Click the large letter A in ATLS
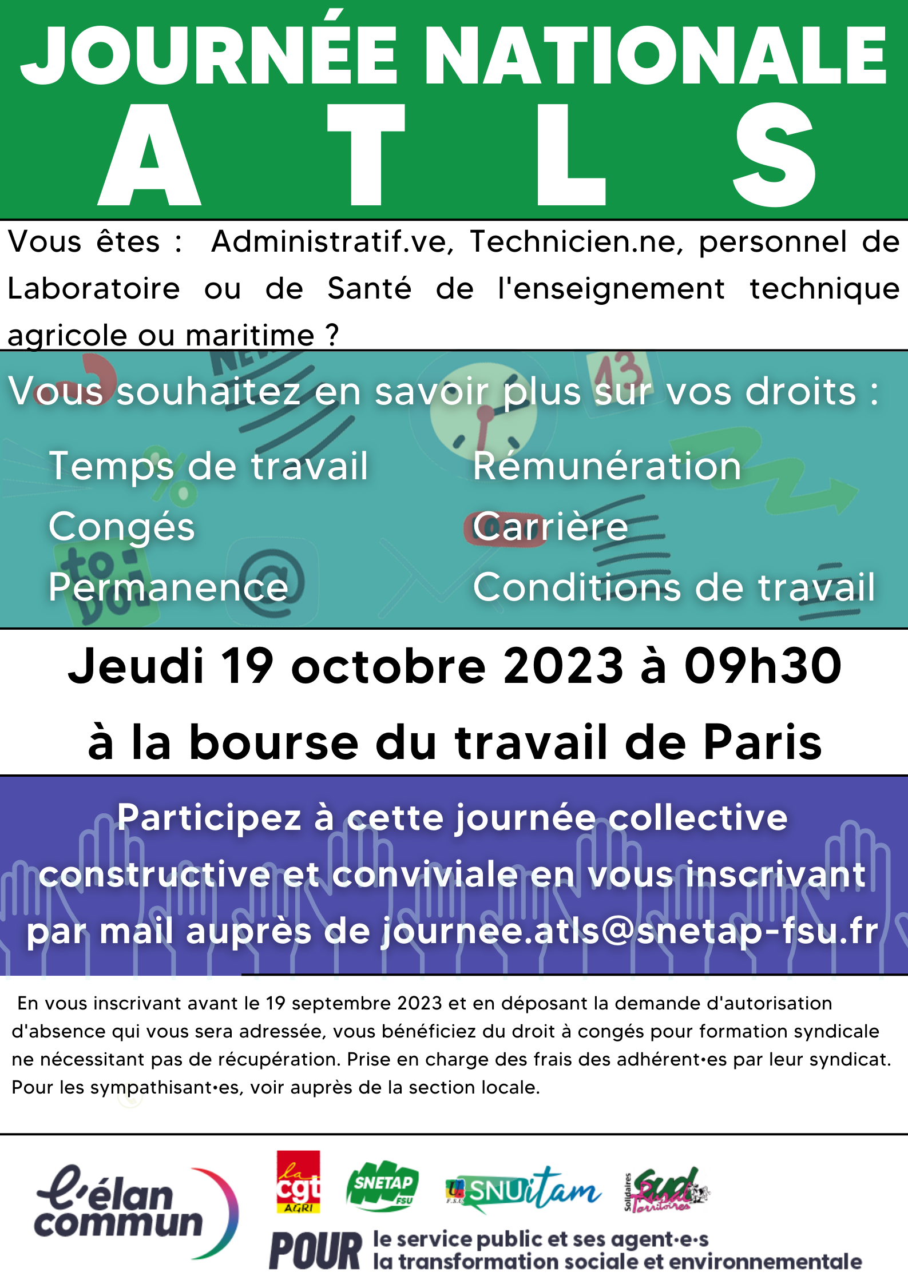[149, 157]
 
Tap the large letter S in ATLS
[775, 156]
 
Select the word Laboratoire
[94, 288]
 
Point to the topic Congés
[122, 527]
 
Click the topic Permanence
[168, 587]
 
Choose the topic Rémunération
[607, 466]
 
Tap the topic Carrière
[550, 527]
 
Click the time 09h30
[763, 666]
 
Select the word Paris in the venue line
[763, 742]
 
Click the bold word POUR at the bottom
[315, 1251]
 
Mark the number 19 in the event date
[247, 666]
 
